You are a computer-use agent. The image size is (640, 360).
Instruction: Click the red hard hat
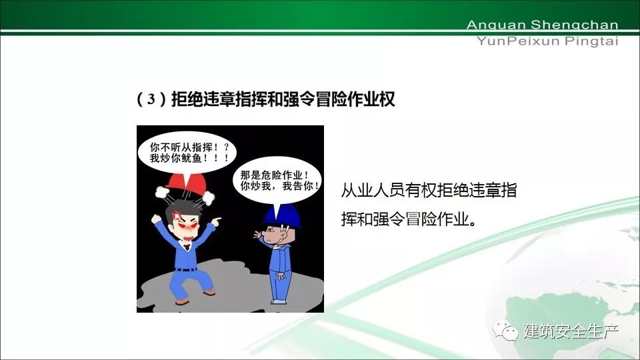186,184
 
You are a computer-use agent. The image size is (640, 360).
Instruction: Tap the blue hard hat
282,215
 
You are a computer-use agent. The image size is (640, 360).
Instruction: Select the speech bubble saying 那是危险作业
277,181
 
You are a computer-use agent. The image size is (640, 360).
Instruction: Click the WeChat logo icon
505,330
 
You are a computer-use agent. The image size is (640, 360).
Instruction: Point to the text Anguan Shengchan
542,25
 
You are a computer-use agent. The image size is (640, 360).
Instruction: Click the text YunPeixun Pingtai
547,41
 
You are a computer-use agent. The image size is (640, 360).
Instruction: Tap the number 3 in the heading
151,99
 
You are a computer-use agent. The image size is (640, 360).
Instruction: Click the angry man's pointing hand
216,221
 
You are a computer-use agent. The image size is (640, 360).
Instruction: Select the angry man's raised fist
156,219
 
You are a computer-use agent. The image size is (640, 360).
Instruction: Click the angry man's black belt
187,269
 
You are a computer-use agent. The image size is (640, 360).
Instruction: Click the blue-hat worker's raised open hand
258,235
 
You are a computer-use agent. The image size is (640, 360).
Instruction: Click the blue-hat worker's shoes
279,301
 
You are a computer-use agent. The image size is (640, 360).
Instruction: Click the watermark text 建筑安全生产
571,331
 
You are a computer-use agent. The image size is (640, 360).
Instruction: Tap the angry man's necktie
187,247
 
